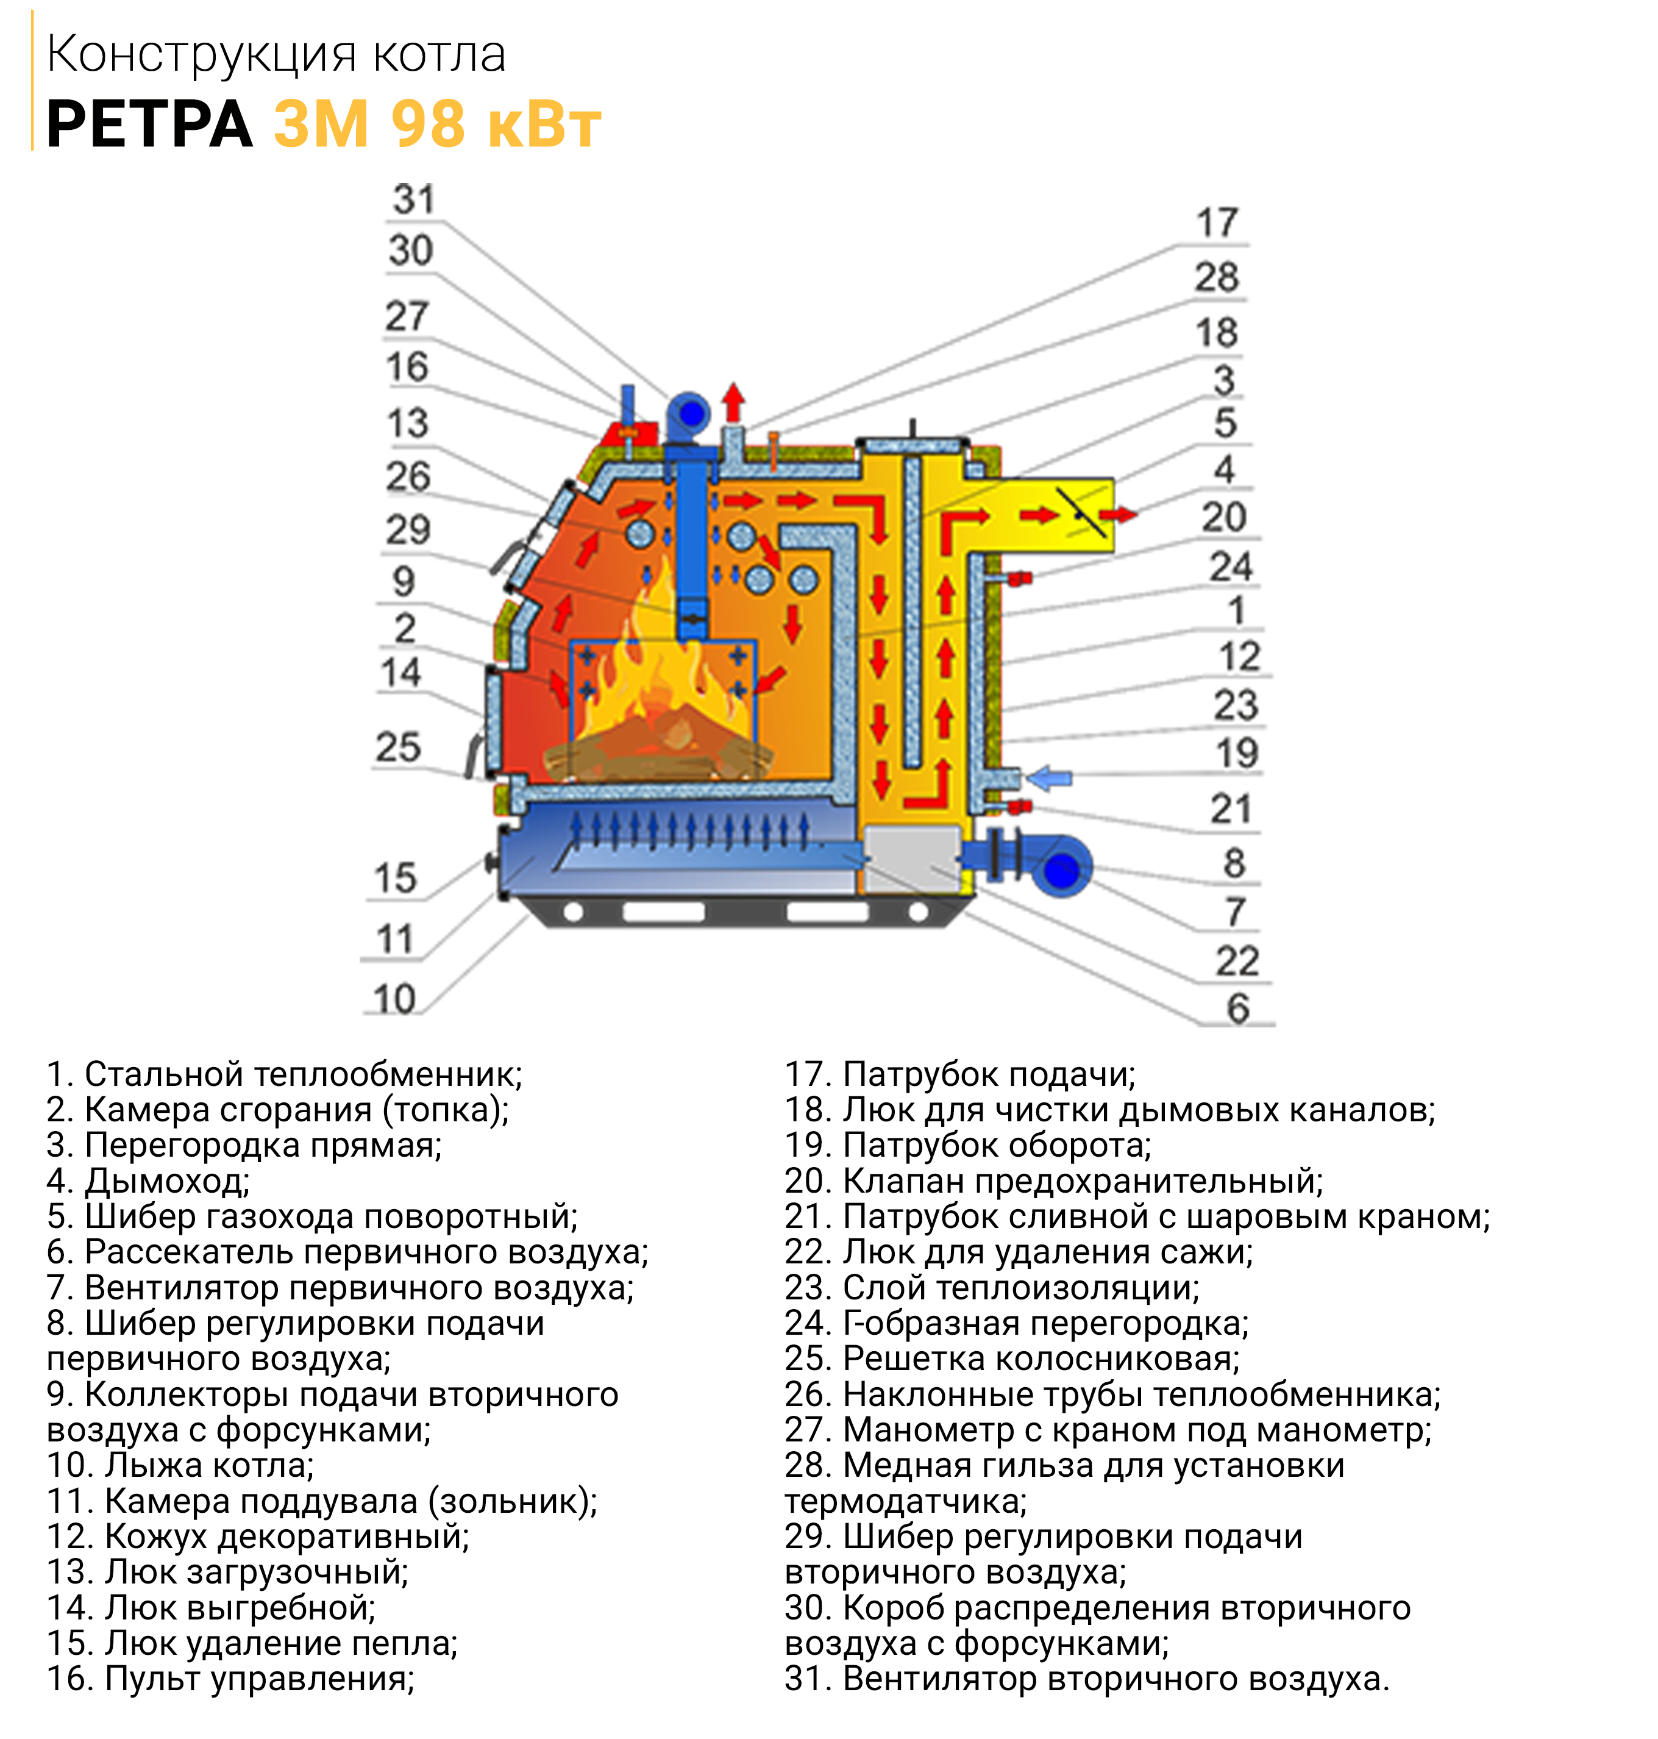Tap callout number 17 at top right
coord(1218,223)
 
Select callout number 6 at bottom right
coord(1238,1009)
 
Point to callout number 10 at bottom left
coord(394,999)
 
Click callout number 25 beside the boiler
coord(397,747)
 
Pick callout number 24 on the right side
coord(1231,566)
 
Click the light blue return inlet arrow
coord(1047,778)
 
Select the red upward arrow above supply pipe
coord(733,402)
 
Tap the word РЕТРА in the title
coord(149,124)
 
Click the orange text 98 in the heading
coord(428,124)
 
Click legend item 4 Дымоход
coord(149,1181)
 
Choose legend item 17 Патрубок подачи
coord(960,1074)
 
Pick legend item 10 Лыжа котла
coord(180,1465)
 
